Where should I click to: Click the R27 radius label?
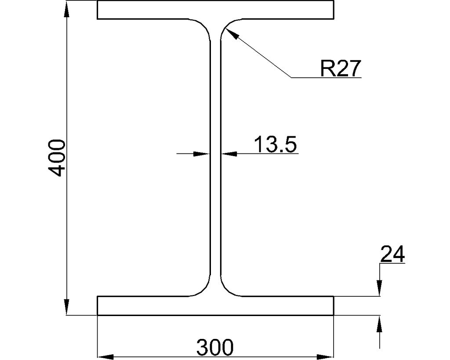(x=340, y=69)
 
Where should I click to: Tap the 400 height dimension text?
(x=57, y=158)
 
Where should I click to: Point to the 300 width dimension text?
(x=214, y=348)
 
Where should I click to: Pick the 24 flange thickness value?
(x=392, y=255)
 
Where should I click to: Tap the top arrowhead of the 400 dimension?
(x=67, y=9)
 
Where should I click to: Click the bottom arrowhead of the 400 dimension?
(x=67, y=307)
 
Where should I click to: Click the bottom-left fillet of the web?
(x=204, y=288)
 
